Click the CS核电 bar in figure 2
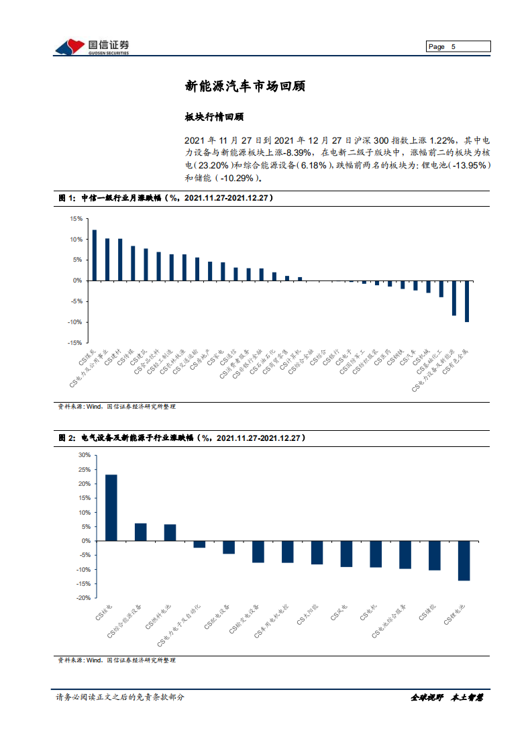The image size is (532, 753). tap(111, 507)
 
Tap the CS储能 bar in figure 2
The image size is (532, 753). tap(435, 555)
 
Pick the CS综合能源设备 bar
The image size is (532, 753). tap(140, 532)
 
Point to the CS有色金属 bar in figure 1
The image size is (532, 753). tap(467, 301)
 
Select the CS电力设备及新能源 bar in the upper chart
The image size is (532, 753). tap(454, 298)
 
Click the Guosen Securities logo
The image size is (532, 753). tap(91, 47)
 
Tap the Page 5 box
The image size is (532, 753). tap(459, 47)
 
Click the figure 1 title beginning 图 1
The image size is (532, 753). tap(164, 199)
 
